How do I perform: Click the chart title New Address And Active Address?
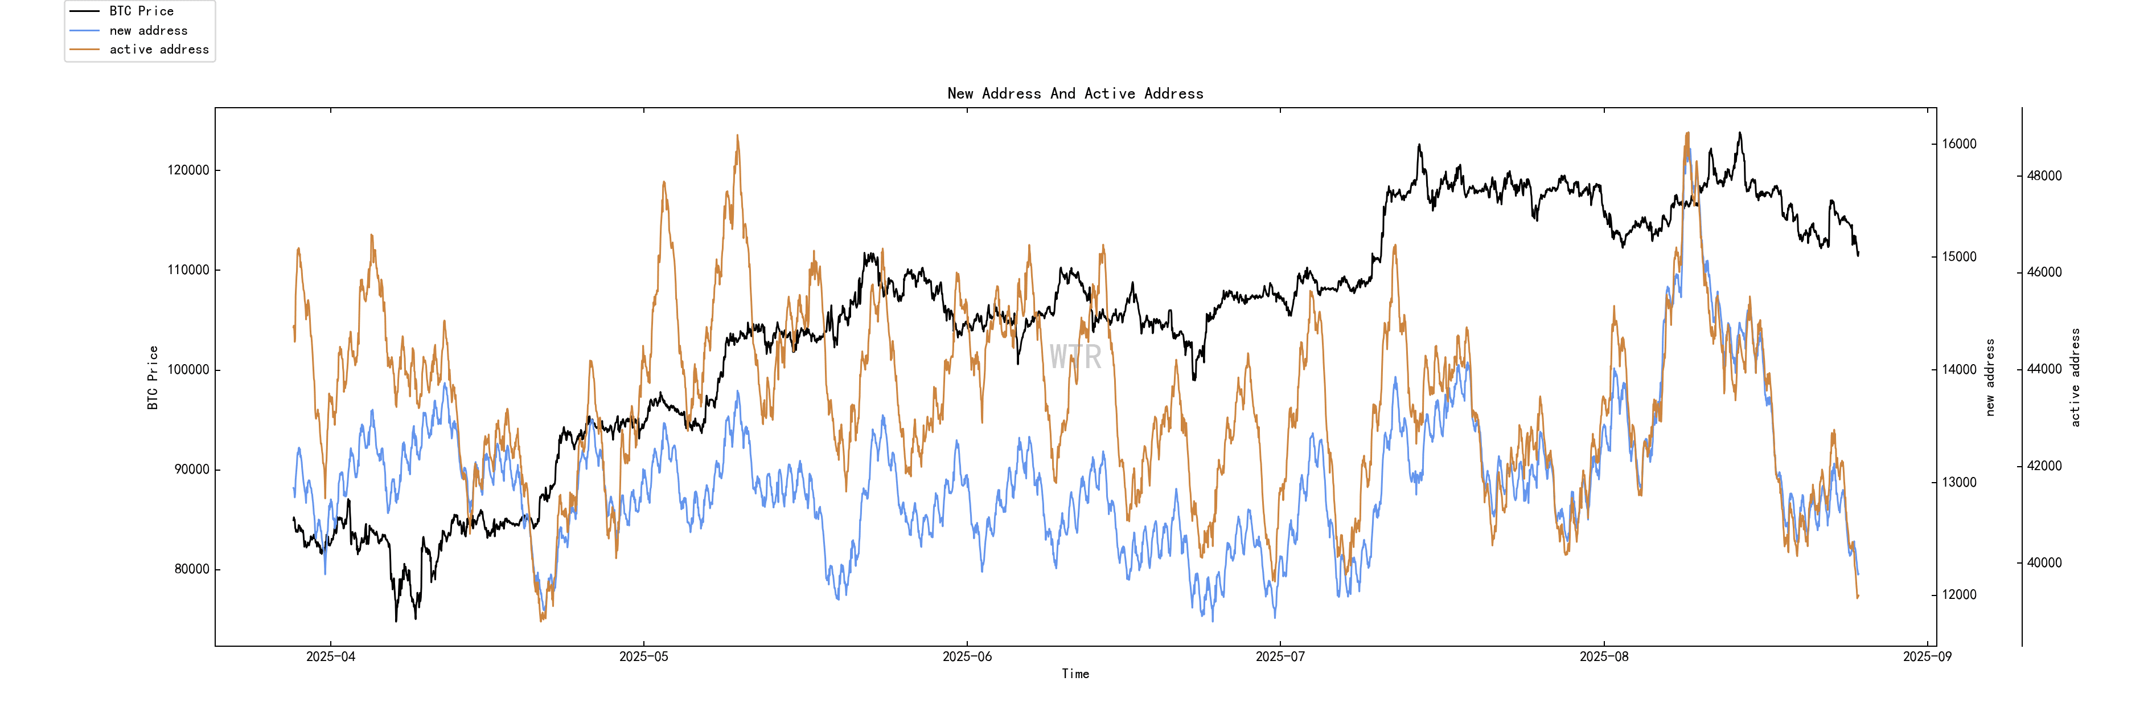tap(1075, 93)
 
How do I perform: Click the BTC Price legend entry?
tap(141, 11)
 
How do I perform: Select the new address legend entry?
tap(148, 30)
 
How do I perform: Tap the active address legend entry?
tap(159, 50)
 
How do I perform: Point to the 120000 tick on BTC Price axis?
tap(188, 170)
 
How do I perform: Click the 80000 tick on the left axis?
tap(191, 569)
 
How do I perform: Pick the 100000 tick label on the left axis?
tap(188, 369)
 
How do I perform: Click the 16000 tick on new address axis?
tap(1959, 144)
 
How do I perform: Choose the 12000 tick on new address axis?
tap(1959, 595)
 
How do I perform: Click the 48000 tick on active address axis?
tap(2044, 176)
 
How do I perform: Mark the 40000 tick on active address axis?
tap(2044, 562)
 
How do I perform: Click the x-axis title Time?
tap(1075, 674)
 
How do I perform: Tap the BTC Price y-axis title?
tap(153, 377)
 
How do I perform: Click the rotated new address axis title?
tap(1990, 377)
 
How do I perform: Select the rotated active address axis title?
tap(2075, 377)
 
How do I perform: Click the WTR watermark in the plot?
tap(1075, 357)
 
